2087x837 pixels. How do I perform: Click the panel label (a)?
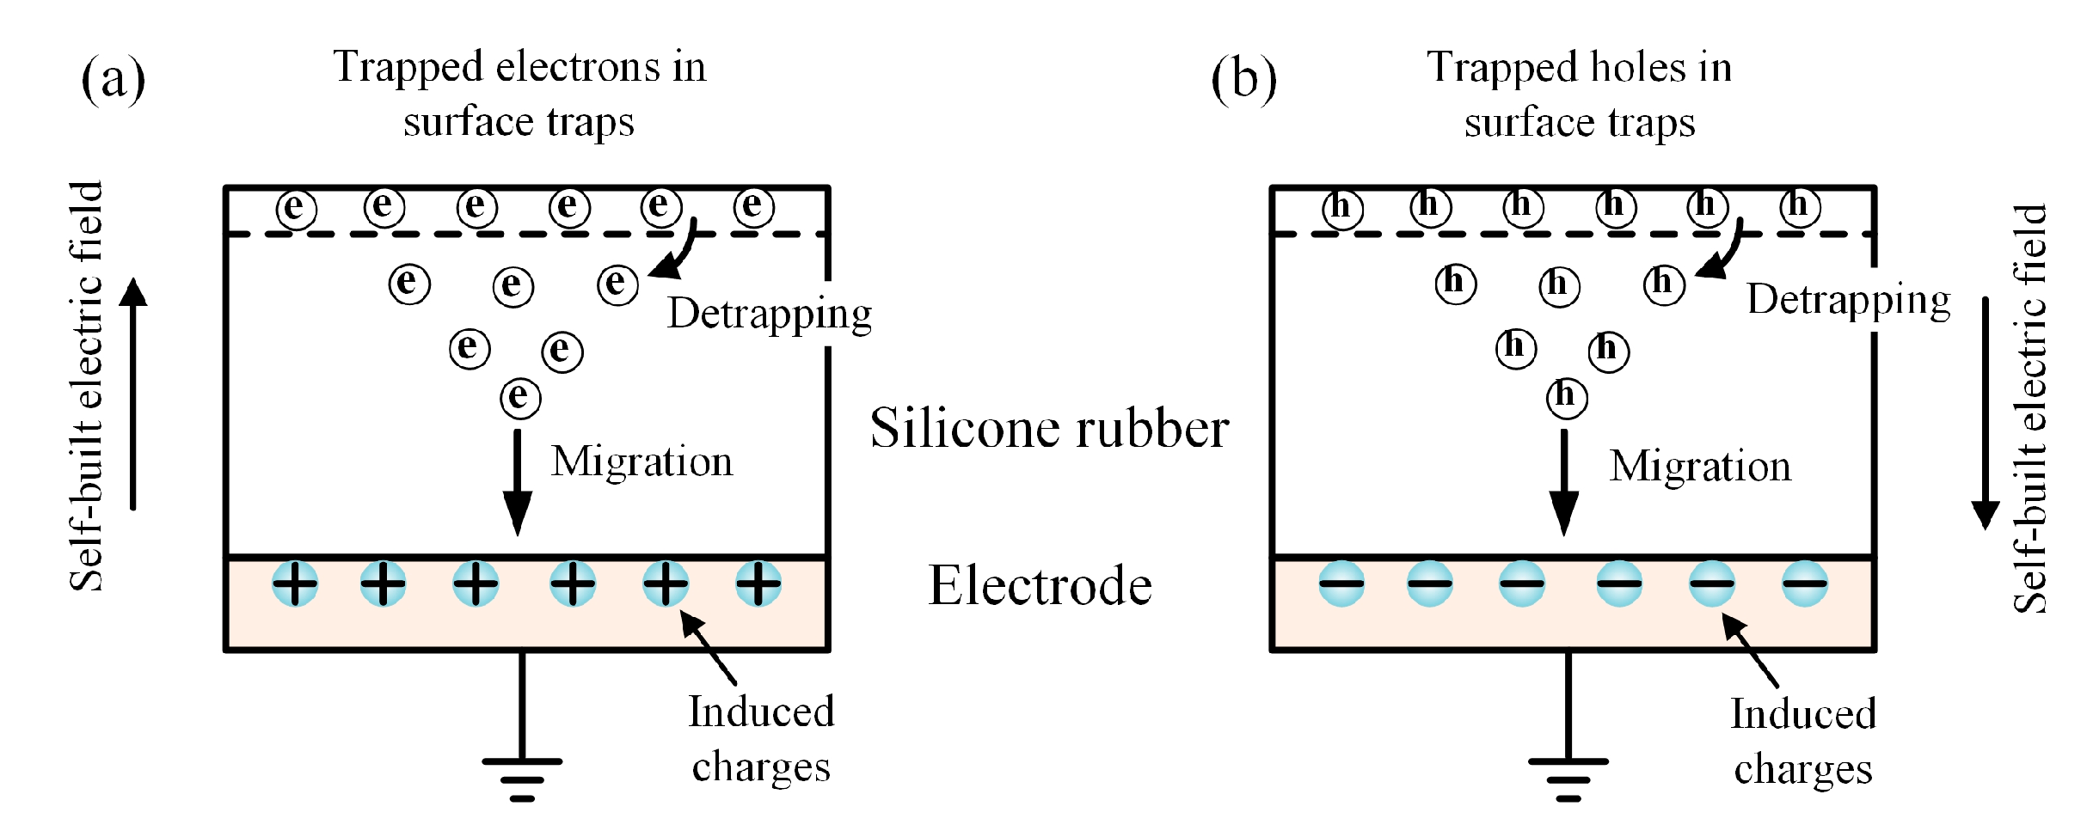click(114, 79)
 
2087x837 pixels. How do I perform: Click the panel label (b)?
click(1243, 79)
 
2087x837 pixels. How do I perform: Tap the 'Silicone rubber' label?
click(1049, 428)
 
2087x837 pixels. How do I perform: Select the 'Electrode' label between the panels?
click(1040, 585)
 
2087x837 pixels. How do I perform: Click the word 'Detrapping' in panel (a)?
click(770, 315)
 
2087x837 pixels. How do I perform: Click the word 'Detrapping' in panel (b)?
click(1849, 301)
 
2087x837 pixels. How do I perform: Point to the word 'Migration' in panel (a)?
click(642, 461)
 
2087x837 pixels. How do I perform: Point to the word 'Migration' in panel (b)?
click(1700, 467)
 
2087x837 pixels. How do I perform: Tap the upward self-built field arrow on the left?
click(133, 394)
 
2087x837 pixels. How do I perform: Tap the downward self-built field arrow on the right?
click(1986, 413)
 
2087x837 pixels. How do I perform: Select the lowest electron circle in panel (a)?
click(520, 398)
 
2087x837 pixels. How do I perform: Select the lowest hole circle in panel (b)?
click(1567, 398)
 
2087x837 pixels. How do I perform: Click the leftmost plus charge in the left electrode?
click(295, 584)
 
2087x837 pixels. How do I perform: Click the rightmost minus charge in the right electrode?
click(1804, 584)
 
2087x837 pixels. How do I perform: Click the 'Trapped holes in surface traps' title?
click(1580, 95)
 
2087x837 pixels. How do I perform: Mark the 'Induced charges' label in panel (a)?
click(761, 739)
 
